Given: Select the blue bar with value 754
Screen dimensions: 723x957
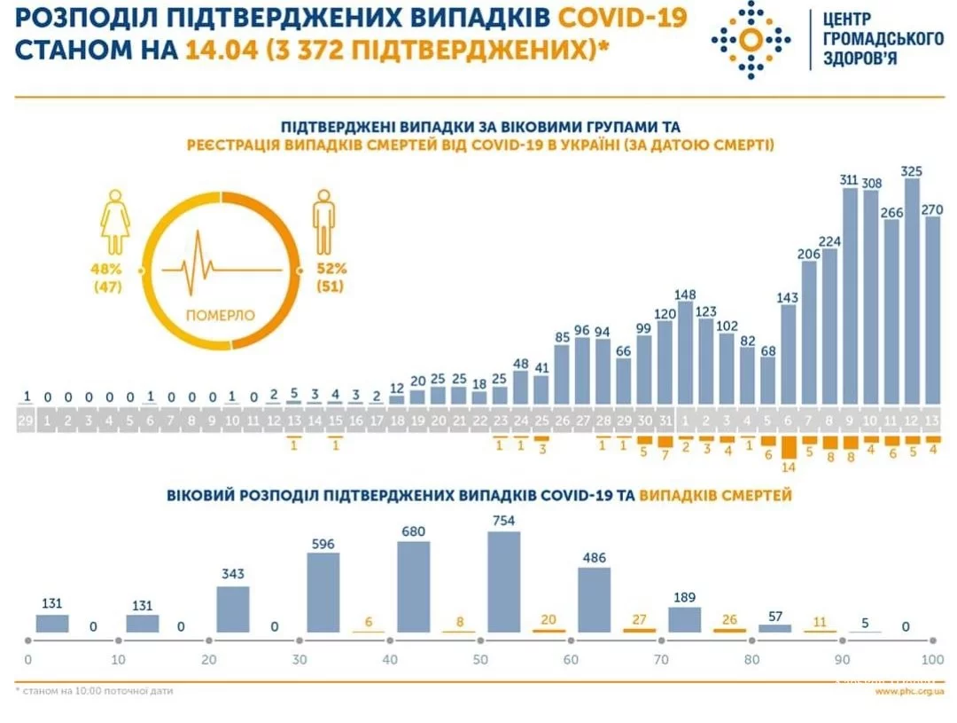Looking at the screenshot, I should (503, 582).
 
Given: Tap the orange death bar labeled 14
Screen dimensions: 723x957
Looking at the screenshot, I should (786, 445).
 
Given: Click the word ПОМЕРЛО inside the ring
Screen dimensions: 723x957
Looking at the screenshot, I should (221, 315).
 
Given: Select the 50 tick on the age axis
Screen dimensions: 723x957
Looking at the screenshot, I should (479, 660).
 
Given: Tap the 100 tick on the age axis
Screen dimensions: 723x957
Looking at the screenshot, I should (931, 660).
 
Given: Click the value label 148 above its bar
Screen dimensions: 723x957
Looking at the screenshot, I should (685, 295).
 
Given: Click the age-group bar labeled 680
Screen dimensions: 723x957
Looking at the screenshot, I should (413, 586).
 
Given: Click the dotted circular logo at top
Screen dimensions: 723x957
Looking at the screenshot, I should (750, 40).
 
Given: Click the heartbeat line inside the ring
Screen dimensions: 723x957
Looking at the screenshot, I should (221, 266).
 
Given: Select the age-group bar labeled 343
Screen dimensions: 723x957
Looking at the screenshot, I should (233, 609).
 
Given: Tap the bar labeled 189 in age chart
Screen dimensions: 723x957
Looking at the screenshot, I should (684, 619).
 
